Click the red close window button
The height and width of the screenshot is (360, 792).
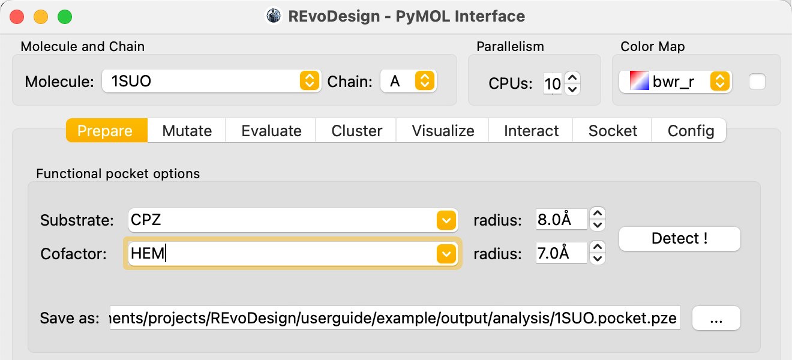tap(17, 17)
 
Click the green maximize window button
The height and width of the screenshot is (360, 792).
tap(65, 17)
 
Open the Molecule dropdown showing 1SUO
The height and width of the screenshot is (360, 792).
tap(211, 81)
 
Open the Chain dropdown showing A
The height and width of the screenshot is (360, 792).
tap(409, 81)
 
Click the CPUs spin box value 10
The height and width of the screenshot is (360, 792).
tap(553, 84)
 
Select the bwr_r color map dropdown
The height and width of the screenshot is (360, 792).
tap(676, 82)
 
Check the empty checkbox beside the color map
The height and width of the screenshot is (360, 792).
tap(757, 82)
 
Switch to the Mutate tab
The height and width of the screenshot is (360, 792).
tap(187, 130)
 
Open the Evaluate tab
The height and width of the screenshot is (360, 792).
tap(271, 130)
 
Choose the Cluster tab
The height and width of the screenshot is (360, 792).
tap(356, 130)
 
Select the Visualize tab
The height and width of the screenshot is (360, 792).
tap(443, 130)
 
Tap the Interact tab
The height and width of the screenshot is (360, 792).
tap(531, 130)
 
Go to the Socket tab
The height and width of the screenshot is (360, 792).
tap(613, 130)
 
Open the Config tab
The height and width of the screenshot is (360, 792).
tap(690, 130)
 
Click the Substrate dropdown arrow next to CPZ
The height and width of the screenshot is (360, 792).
tap(446, 220)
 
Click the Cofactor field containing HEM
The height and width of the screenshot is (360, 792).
tap(282, 254)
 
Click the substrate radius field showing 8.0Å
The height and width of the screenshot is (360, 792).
tap(561, 219)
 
